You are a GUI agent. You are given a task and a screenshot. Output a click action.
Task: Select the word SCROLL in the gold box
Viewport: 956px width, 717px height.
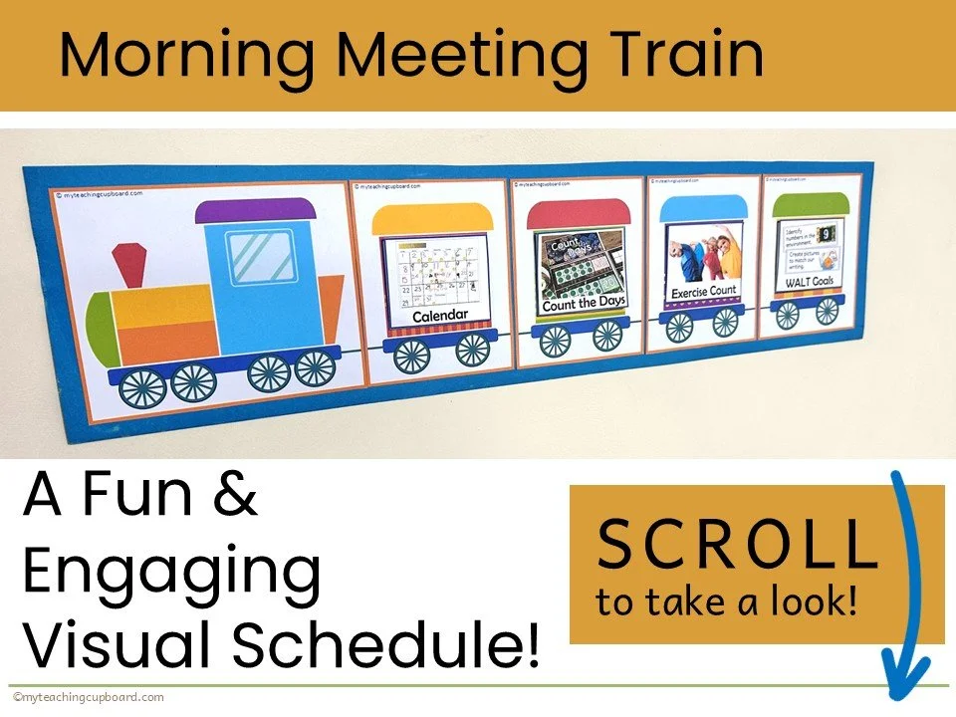pos(735,546)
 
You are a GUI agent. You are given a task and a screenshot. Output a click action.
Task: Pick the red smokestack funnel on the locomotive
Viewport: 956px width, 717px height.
pos(127,263)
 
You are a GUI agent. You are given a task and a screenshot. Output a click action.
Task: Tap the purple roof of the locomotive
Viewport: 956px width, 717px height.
pos(256,211)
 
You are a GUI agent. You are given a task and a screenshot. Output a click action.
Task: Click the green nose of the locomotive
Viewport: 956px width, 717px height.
pos(101,326)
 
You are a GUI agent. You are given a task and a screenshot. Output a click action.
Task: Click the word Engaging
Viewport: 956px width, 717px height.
pos(171,573)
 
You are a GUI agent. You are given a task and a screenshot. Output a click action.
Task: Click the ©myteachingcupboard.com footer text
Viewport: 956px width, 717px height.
pos(89,698)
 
